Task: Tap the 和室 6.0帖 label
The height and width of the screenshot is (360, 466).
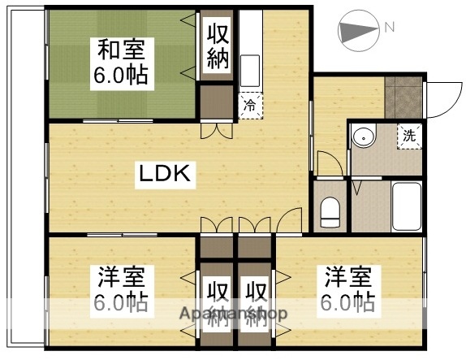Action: click(x=122, y=63)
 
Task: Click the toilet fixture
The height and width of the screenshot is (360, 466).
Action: click(x=330, y=213)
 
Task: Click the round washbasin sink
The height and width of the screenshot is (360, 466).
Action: click(x=365, y=137)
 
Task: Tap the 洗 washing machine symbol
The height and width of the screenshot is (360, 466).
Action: click(x=409, y=136)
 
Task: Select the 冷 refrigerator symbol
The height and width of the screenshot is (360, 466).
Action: click(x=250, y=103)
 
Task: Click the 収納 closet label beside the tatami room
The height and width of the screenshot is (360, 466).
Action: click(x=218, y=46)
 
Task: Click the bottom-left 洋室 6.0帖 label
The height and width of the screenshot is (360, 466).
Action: click(x=122, y=288)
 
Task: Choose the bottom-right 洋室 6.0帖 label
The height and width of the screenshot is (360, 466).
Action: click(x=350, y=288)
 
